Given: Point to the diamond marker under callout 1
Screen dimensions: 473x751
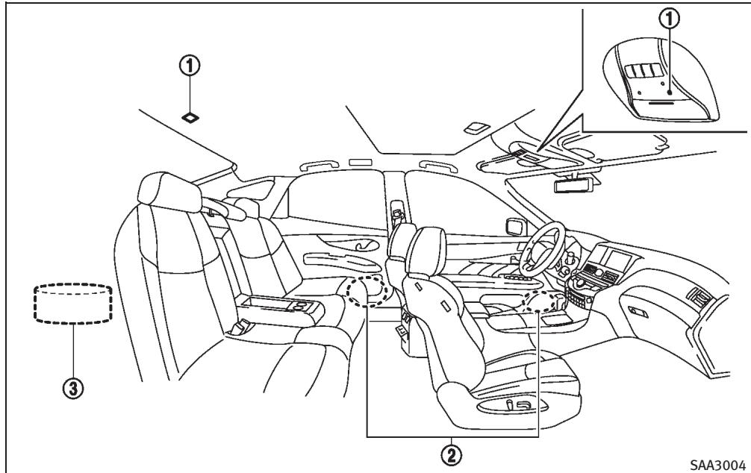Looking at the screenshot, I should coord(191,117).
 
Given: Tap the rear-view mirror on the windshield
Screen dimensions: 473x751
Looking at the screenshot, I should coord(575,184).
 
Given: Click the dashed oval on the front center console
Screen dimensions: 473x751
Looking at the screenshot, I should coord(545,301).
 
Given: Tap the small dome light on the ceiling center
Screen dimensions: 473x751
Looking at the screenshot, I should coord(472,126).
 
